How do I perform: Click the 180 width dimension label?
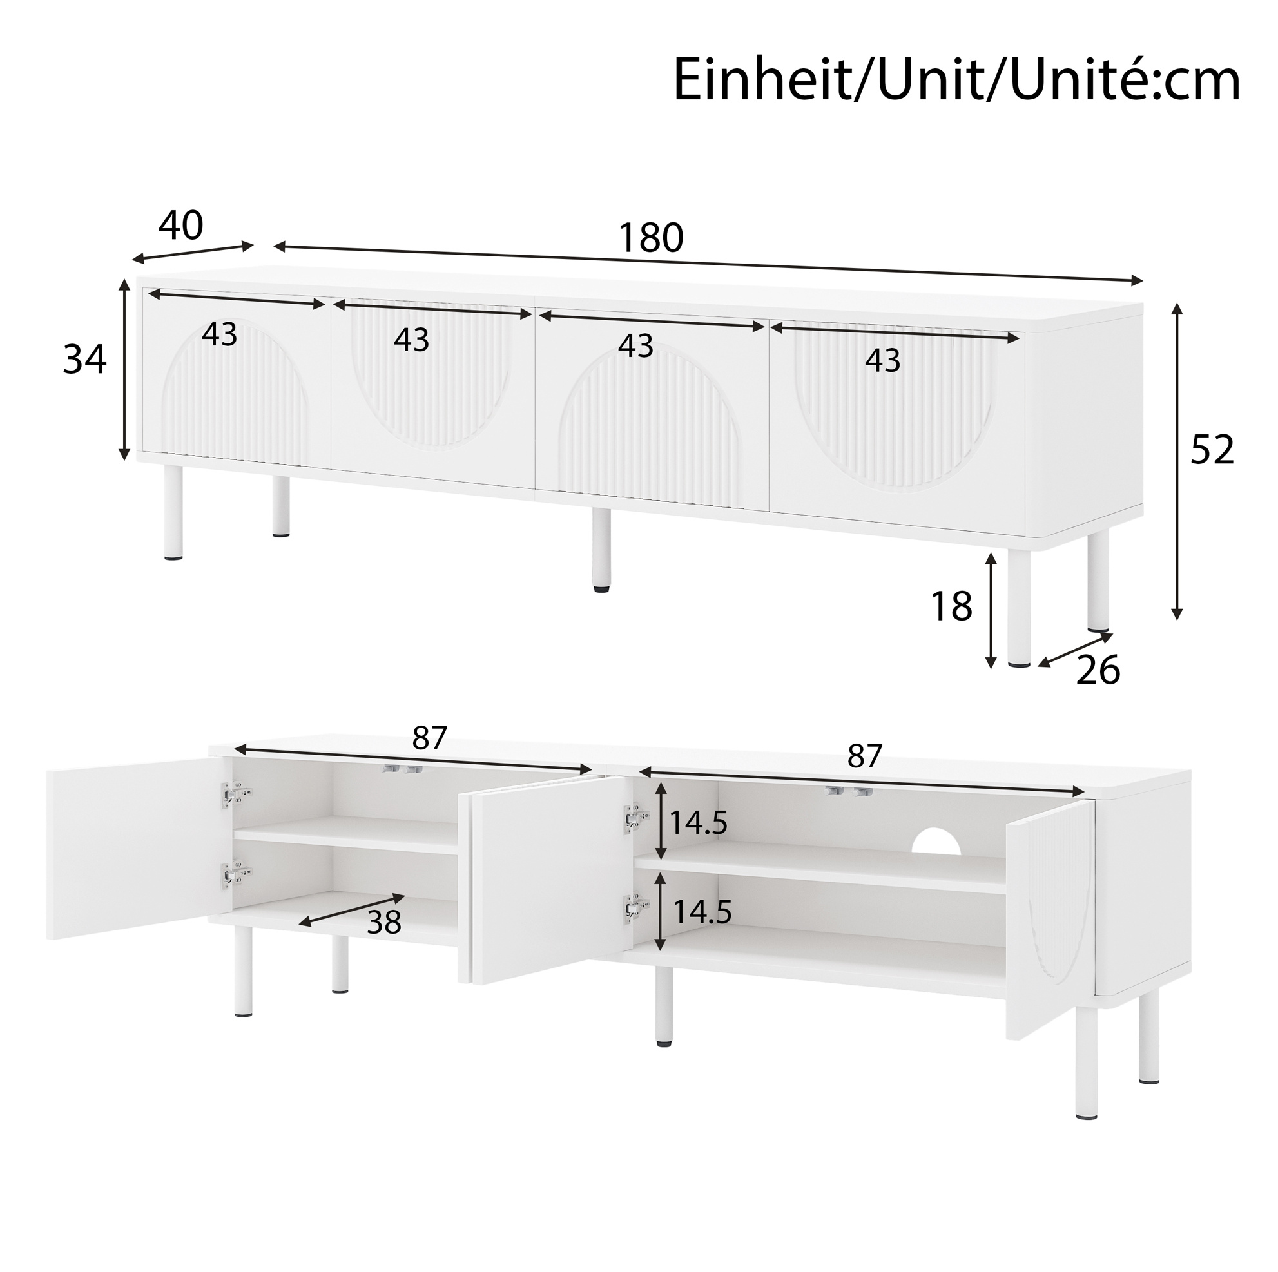(650, 238)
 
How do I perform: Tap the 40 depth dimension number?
(180, 226)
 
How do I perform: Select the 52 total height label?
(1212, 450)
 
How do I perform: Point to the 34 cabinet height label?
(84, 360)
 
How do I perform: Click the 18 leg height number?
(951, 606)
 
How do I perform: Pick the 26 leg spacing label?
(1098, 670)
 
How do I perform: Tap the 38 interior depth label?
(383, 922)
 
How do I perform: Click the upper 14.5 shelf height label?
(699, 824)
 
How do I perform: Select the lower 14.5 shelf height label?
(702, 912)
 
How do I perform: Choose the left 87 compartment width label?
(430, 738)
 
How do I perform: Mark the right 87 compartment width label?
(866, 755)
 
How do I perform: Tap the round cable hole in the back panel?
(936, 841)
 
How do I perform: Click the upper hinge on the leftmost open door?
(235, 795)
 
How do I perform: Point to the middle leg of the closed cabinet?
(601, 550)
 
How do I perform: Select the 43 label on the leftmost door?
(220, 334)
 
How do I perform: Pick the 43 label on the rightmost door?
(883, 360)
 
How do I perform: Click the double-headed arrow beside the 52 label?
(1176, 462)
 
